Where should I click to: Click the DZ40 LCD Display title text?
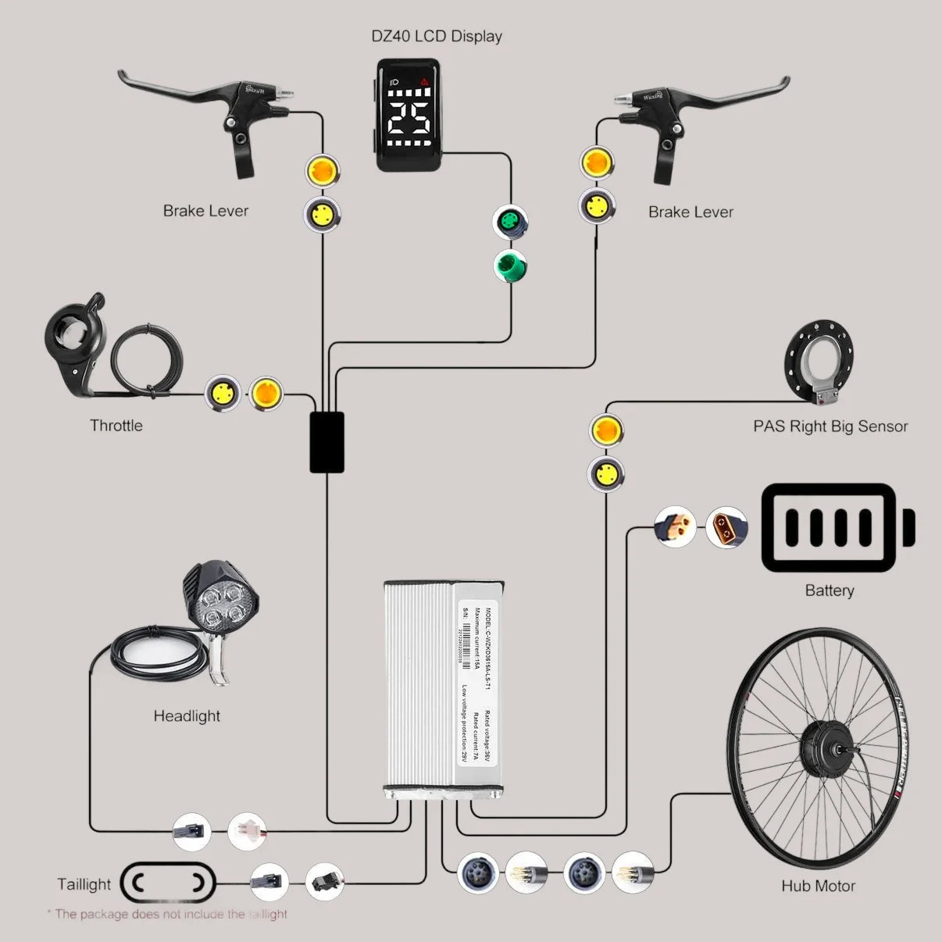[436, 36]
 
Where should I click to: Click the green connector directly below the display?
[510, 223]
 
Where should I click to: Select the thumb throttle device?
[74, 344]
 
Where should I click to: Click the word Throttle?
[116, 426]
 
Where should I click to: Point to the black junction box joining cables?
[326, 442]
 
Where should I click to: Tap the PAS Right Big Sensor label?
[830, 426]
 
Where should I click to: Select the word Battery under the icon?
[829, 591]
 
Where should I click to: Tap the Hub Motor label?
[818, 886]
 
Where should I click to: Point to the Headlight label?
[187, 716]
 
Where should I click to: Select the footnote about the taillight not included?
[167, 914]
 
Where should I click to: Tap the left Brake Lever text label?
[205, 211]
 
